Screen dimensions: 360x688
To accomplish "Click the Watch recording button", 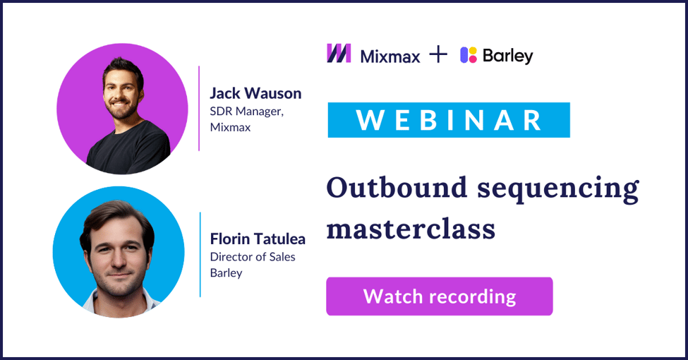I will click(439, 296).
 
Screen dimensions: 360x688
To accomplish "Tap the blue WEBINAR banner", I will click(449, 120).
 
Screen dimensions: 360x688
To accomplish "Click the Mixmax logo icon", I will click(339, 54).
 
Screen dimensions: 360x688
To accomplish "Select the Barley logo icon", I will click(469, 54).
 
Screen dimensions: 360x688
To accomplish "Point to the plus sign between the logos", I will click(439, 54).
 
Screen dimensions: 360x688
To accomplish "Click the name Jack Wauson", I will click(255, 93).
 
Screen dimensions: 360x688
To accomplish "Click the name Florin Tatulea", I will click(258, 239).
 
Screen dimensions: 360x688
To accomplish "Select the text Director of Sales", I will click(253, 256).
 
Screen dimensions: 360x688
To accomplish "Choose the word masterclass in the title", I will click(411, 229).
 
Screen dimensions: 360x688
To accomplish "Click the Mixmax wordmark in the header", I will click(390, 55).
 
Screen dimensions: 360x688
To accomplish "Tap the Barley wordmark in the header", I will click(508, 56).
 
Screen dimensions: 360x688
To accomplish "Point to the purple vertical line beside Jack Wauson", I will click(199, 108).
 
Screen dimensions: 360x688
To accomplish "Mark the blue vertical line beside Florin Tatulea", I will click(200, 254).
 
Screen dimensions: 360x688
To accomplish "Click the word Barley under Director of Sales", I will click(226, 272).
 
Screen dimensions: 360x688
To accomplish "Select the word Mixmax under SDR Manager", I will click(230, 128).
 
